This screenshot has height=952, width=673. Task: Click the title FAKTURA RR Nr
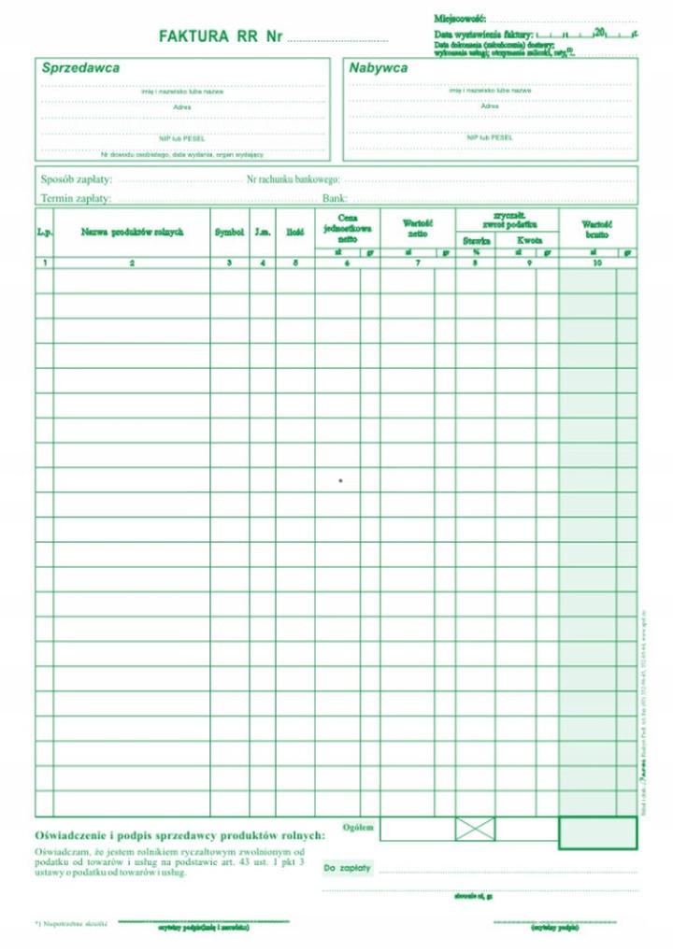221,36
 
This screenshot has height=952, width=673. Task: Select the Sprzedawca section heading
79,68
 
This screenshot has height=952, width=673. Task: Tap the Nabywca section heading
379,68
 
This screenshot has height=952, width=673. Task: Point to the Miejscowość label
460,19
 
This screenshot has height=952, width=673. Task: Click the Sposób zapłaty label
77,178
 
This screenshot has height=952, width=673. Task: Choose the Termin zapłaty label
76,198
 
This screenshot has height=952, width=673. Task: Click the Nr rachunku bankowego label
293,178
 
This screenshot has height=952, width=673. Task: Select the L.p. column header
44,232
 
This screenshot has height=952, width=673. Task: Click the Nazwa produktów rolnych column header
132,232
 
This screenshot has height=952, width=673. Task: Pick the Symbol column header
229,232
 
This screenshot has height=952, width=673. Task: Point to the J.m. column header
263,232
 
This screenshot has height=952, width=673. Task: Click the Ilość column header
294,232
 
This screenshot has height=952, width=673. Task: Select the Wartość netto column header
417,228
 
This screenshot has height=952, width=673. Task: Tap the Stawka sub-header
476,240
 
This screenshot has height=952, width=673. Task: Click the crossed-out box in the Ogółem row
475,829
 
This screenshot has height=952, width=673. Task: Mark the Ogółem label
358,828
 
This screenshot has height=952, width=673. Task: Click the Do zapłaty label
348,868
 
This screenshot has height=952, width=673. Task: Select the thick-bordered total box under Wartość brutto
597,831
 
